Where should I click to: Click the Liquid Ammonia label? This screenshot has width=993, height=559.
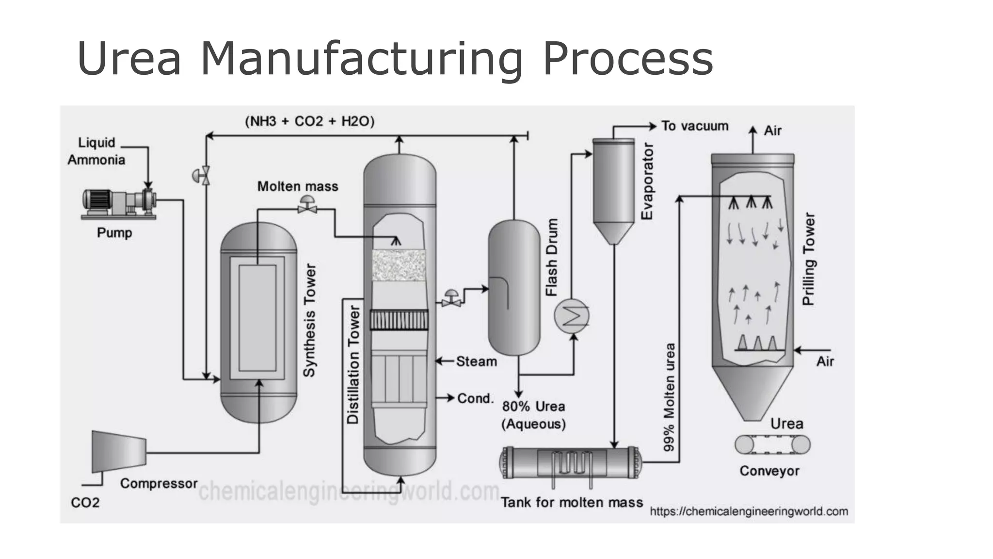[96, 151]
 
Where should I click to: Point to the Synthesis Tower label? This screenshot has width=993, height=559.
[309, 320]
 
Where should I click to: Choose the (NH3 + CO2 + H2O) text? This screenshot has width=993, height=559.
[310, 121]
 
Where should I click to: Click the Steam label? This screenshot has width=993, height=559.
[476, 362]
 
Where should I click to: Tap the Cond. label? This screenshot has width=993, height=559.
[475, 398]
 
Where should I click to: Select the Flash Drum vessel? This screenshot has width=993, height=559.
[513, 287]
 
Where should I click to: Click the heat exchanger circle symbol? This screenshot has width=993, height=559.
[572, 316]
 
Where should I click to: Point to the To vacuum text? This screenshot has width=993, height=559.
[695, 126]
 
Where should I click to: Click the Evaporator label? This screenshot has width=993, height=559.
[647, 181]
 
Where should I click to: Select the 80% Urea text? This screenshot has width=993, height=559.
[533, 406]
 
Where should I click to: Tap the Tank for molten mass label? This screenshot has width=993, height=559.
[572, 502]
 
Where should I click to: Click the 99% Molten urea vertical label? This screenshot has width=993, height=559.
[669, 397]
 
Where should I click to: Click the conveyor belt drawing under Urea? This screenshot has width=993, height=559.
[772, 444]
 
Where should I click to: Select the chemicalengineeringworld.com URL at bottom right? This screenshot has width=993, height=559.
[749, 511]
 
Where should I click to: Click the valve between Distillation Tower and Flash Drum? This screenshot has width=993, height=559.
[451, 298]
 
